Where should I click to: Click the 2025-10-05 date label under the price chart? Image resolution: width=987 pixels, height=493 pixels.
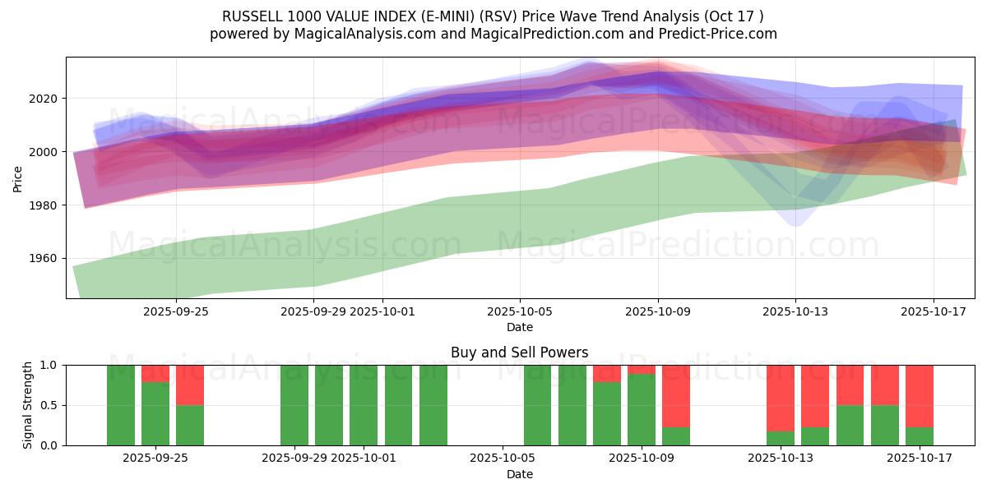point(520,311)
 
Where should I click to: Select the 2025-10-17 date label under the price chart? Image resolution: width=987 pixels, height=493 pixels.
point(933,311)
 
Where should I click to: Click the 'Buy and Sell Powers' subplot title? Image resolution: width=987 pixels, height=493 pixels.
point(519,352)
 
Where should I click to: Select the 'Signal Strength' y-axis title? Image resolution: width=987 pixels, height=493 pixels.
point(28,405)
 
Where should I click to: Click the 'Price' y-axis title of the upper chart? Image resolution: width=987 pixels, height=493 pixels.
point(18,177)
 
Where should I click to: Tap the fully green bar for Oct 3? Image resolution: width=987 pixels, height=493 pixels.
point(433,405)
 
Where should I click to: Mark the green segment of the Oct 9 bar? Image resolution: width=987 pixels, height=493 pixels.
point(642,410)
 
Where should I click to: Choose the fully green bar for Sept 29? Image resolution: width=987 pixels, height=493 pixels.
point(294,405)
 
